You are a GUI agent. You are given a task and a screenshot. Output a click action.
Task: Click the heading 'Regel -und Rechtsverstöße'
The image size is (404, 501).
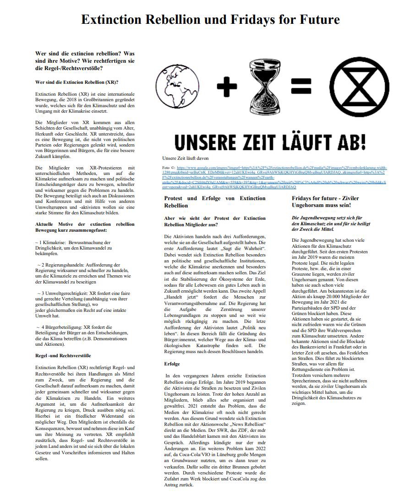(63, 355)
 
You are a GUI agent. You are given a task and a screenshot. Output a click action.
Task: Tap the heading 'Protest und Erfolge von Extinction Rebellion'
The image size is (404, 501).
(214, 202)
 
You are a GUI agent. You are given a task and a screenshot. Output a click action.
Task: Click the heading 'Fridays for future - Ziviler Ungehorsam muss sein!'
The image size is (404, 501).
(325, 202)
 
